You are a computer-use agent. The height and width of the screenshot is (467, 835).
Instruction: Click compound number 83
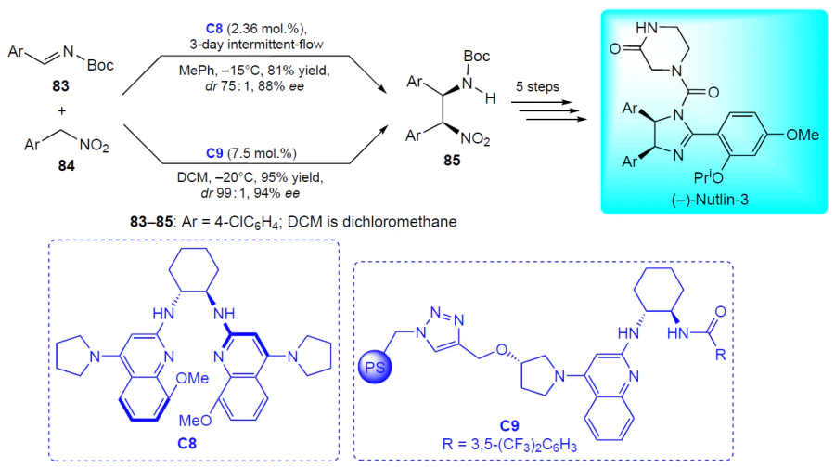60,85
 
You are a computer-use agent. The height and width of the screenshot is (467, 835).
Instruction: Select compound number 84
66,166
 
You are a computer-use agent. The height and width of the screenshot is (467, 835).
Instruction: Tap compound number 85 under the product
452,160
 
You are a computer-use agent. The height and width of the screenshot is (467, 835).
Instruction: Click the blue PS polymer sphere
375,367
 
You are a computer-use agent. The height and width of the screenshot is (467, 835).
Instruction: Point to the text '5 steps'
537,87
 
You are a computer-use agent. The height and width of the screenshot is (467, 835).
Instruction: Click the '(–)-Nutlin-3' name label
710,200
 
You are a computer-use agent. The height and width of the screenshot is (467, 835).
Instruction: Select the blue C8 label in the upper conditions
214,28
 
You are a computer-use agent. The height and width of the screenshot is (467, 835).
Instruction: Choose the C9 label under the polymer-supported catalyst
509,425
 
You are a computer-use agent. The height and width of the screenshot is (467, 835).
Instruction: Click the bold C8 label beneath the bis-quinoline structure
186,443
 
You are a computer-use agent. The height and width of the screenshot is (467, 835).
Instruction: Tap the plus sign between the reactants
62,110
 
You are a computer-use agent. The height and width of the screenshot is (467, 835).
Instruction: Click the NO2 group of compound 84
94,145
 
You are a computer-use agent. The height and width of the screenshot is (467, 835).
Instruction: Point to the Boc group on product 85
477,56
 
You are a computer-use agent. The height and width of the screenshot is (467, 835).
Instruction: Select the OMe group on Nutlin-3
803,135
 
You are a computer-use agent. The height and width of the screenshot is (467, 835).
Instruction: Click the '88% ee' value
281,85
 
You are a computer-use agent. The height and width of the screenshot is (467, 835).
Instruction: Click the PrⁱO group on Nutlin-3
708,176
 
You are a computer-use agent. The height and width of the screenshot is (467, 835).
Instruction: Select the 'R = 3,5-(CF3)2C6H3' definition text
509,444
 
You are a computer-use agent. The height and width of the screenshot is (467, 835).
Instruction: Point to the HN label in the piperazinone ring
647,28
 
